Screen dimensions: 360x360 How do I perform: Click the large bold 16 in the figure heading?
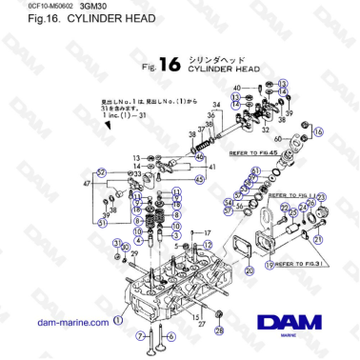(169, 65)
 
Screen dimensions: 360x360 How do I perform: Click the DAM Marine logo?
(290, 325)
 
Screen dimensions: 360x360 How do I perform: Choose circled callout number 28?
(218, 330)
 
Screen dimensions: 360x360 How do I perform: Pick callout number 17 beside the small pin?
(207, 232)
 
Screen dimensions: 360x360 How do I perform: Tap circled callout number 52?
(102, 171)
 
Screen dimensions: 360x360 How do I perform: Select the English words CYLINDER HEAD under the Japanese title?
(220, 70)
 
